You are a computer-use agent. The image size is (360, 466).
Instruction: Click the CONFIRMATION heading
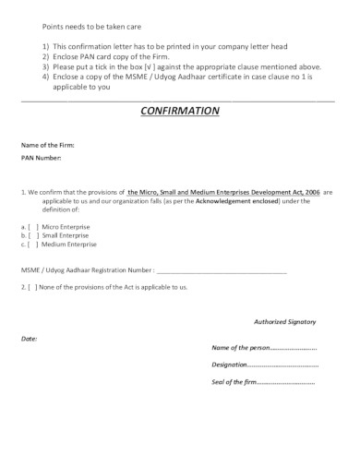(179, 112)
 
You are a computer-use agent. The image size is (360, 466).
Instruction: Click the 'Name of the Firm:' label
(48, 146)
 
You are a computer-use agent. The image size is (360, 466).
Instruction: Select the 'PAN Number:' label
(42, 159)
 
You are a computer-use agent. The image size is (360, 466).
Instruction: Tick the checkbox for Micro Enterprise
(32, 225)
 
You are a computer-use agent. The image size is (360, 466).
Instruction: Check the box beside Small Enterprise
(32, 235)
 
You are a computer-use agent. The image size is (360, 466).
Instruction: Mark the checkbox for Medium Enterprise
(32, 245)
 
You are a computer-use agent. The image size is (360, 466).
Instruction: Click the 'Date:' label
(30, 339)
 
